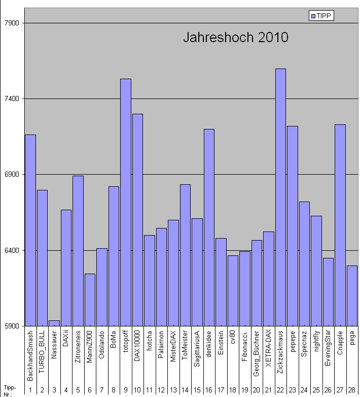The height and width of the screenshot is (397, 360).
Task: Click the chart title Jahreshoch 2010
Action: pyautogui.click(x=235, y=38)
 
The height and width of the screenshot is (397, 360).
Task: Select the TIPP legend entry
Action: pyautogui.click(x=321, y=16)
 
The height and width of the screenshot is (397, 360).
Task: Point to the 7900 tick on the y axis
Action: pyautogui.click(x=11, y=23)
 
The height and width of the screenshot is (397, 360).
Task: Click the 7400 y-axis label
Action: pyautogui.click(x=11, y=99)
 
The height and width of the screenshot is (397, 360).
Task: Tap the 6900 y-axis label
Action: pyautogui.click(x=11, y=175)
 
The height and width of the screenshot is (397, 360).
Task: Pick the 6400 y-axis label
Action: pyautogui.click(x=11, y=250)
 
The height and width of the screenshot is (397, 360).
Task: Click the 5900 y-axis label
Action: pyautogui.click(x=11, y=326)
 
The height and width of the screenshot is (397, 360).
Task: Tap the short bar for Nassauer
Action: pyautogui.click(x=54, y=323)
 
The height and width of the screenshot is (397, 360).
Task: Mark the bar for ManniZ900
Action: pyautogui.click(x=90, y=300)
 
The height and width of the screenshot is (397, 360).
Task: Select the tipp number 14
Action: pyautogui.click(x=185, y=390)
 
